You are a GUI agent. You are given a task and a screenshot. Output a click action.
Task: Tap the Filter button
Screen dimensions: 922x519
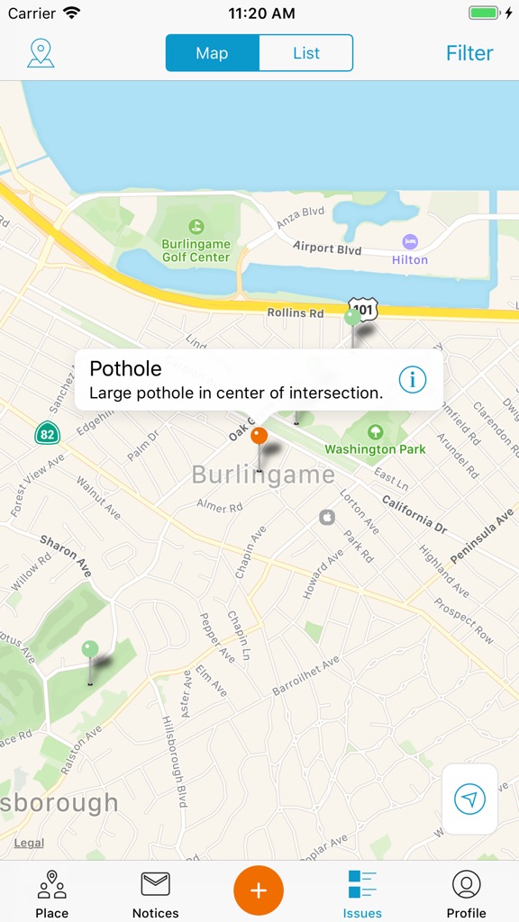point(469,53)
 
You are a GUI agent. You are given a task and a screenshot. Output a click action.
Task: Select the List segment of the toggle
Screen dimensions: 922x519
point(305,53)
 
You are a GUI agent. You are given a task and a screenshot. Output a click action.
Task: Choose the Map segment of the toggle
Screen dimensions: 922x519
point(213,53)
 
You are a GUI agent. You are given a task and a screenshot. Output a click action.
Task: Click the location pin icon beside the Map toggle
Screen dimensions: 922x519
point(41,53)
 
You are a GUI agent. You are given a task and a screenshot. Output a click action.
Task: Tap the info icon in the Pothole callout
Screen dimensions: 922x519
point(412,380)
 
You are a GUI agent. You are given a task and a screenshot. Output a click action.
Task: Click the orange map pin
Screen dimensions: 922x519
point(259,437)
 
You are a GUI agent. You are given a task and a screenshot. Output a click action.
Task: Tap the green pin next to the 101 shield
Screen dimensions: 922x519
point(352,318)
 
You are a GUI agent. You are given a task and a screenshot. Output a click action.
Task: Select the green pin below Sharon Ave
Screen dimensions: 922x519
point(90,649)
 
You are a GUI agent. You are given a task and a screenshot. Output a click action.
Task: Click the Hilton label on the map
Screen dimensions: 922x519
point(410,259)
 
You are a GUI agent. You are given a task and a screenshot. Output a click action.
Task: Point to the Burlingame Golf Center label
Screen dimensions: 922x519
point(196,249)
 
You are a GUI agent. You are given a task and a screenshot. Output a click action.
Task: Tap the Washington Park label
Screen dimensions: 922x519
point(375,448)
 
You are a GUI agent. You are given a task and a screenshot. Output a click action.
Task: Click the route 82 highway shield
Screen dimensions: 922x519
point(48,433)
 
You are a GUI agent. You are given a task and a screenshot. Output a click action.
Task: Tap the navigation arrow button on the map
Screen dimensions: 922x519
point(469,799)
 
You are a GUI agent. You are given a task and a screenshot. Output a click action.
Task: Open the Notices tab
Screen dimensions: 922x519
point(155,893)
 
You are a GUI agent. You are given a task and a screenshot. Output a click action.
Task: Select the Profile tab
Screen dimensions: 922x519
point(466,893)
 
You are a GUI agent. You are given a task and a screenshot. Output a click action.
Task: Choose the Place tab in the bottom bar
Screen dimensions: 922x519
point(51,893)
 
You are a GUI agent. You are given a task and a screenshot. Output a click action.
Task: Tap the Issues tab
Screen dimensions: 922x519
point(362,893)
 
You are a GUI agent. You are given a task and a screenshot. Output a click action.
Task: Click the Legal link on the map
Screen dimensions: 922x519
point(29,843)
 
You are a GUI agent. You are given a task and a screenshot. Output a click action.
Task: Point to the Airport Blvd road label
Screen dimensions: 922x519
point(327,248)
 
